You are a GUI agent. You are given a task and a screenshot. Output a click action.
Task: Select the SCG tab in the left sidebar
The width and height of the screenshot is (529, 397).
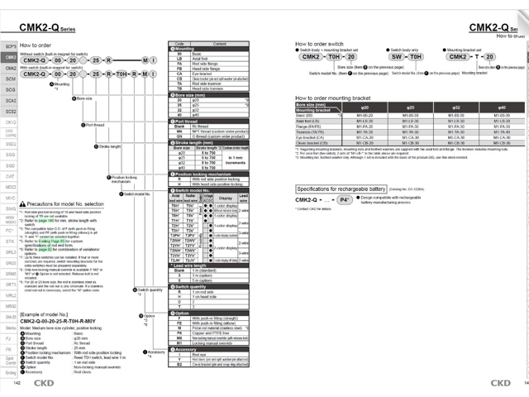tap(11, 88)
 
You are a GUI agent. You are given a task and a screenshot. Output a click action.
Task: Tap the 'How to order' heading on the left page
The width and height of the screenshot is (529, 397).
tap(38, 45)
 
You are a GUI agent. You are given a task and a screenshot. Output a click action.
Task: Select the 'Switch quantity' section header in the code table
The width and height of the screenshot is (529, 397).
tap(192, 286)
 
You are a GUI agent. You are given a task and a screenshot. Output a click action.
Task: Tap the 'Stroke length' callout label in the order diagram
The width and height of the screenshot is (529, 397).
tap(110, 146)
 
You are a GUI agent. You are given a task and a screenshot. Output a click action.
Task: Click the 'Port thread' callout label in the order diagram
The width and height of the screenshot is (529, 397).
tap(96, 125)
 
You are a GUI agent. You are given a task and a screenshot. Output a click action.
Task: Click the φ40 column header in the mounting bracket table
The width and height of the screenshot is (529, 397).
tap(502, 108)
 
